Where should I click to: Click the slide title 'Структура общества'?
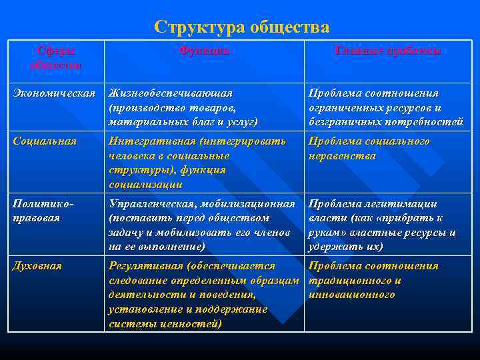point(241,27)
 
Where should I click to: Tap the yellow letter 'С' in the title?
point(160,27)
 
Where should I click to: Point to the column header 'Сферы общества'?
point(56,57)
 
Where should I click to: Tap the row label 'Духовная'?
point(38,266)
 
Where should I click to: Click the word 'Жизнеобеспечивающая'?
point(171,93)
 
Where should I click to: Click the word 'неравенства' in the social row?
point(342,156)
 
